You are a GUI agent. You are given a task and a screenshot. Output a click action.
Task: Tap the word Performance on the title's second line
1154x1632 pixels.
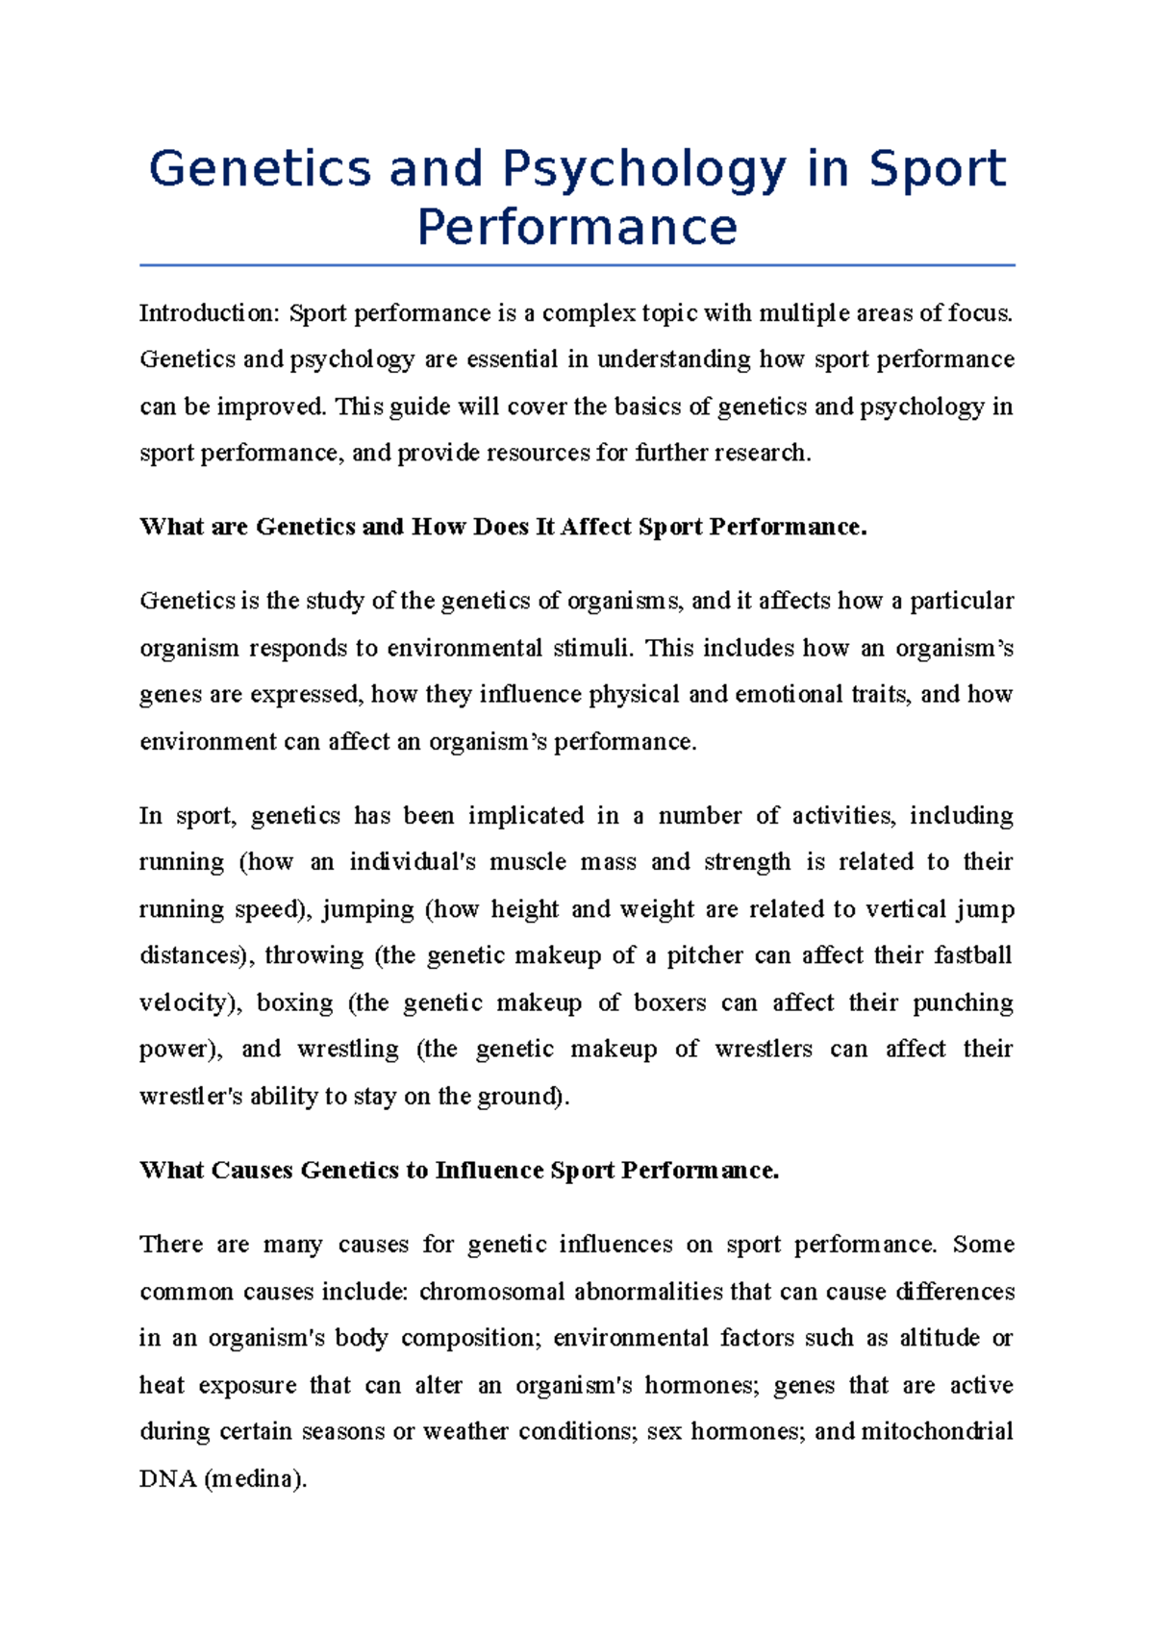tap(577, 228)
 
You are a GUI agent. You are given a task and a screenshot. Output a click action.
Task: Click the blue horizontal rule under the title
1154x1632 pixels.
tap(577, 265)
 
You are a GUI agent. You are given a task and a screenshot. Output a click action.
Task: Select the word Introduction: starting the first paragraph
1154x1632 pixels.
tap(210, 313)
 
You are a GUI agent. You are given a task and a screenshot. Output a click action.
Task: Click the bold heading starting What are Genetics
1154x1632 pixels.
tap(503, 527)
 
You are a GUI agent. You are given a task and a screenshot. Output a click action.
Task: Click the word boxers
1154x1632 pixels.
tap(669, 1002)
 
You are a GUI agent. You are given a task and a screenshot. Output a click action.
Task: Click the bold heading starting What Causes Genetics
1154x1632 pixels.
tap(459, 1170)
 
